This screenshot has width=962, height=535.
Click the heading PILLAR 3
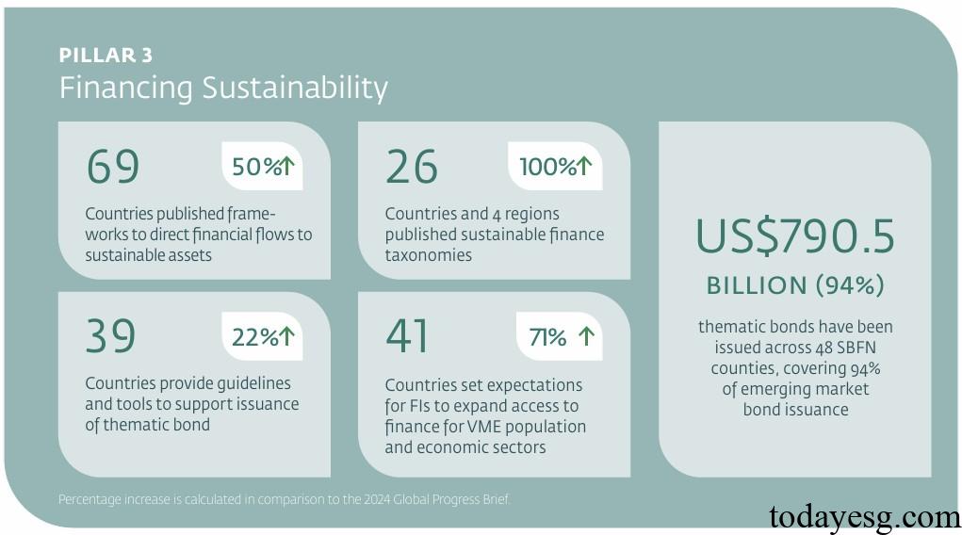point(106,56)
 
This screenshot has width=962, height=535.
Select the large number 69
point(112,168)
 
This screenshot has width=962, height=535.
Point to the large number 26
point(412,168)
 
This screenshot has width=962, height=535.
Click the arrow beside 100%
point(584,166)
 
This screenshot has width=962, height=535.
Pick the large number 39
point(111,336)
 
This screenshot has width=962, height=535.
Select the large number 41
point(407,336)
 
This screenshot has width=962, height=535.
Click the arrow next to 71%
point(586,336)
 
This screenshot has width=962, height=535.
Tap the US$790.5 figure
point(795,237)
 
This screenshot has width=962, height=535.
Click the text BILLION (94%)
point(795,284)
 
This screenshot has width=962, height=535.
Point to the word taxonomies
point(429,255)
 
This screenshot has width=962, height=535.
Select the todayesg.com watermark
point(864,516)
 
